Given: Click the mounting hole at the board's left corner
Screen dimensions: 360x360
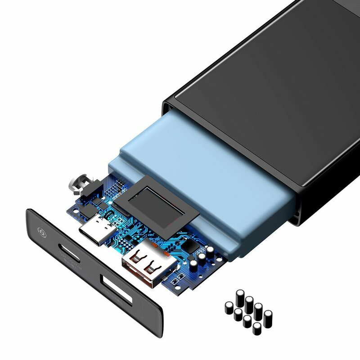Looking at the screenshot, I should tap(72, 209).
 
